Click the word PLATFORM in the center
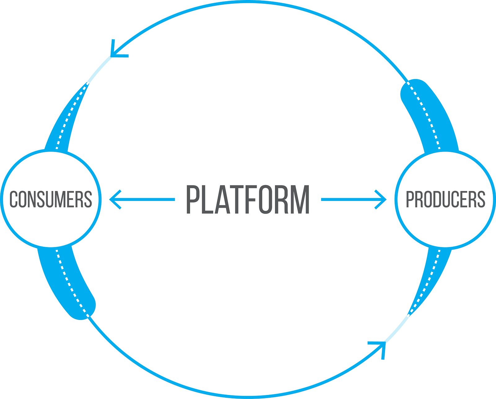point(248,199)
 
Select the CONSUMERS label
point(51,199)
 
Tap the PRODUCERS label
point(445,199)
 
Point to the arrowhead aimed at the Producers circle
point(381,199)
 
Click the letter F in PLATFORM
point(250,199)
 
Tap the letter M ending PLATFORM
point(300,199)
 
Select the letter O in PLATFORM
point(266,199)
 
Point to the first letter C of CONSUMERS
point(14,199)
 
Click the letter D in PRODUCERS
point(437,199)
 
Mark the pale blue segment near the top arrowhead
point(100,69)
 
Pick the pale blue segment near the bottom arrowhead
point(397,329)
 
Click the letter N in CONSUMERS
point(32,199)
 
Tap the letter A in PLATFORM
point(222,199)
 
